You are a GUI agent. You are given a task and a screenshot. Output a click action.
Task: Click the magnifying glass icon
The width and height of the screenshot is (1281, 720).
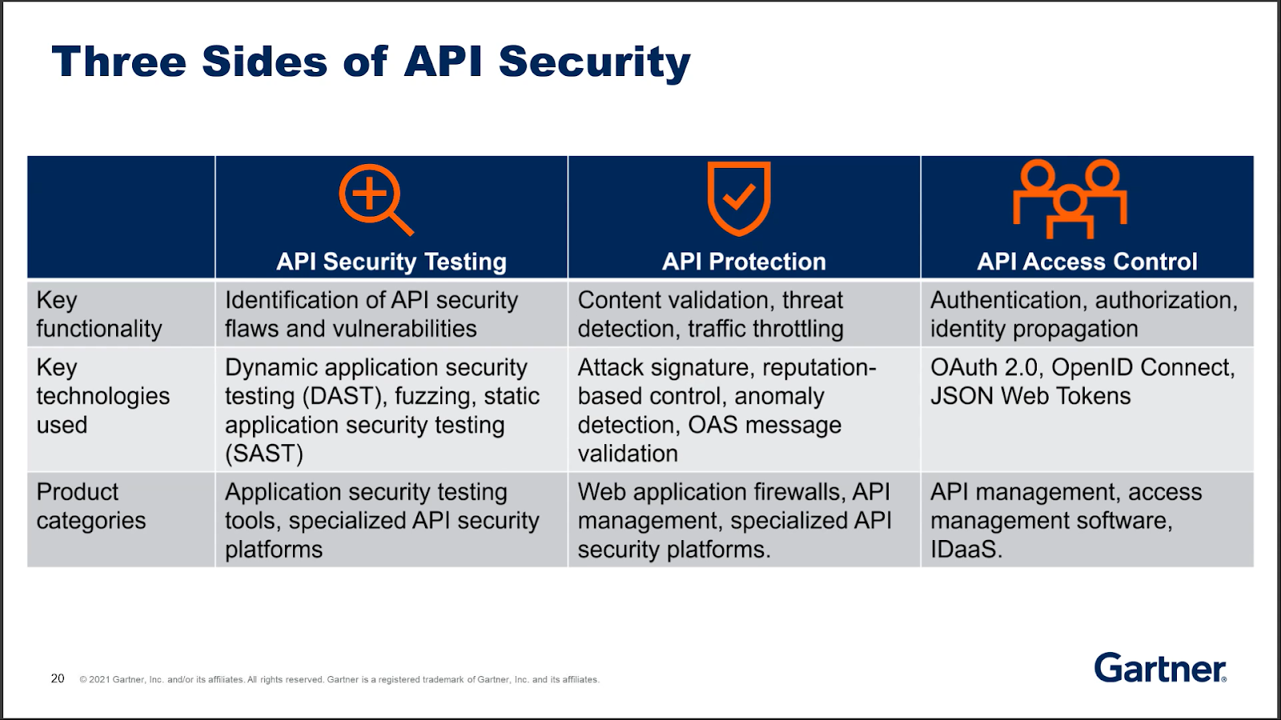pos(375,199)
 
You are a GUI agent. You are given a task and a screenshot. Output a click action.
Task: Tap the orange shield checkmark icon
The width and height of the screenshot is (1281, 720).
pos(739,198)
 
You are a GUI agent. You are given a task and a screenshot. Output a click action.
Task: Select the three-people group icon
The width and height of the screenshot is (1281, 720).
pos(1070,198)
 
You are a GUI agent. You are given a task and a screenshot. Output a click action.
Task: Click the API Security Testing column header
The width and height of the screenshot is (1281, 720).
pos(392,262)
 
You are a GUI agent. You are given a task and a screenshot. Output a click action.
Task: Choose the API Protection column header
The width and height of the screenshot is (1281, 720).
pos(744,262)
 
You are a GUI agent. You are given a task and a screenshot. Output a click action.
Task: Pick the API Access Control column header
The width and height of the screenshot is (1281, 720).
pos(1087,262)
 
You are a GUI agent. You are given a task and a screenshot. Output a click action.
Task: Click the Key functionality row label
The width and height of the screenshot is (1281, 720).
pos(99,314)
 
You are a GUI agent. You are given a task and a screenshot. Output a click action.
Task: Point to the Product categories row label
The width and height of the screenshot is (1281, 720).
pos(91,506)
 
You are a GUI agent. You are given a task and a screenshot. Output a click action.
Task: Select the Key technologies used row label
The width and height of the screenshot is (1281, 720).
pos(103,396)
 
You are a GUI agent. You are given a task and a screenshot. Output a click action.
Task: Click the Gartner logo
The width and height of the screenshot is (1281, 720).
pos(1160,667)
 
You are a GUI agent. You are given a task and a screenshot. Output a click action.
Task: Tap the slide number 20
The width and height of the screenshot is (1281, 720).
pos(57,678)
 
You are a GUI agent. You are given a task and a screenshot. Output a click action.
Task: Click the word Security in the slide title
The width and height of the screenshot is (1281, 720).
pos(595,62)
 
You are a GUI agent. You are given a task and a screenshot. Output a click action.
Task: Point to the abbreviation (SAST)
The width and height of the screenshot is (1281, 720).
pos(263,454)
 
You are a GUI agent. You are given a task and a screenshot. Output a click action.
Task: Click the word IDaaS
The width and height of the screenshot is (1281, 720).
pos(966,550)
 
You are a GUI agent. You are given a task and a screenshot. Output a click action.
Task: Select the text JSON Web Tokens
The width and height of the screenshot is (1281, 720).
pos(1030,396)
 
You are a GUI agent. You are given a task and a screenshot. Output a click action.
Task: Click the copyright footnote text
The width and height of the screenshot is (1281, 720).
pos(339,679)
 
